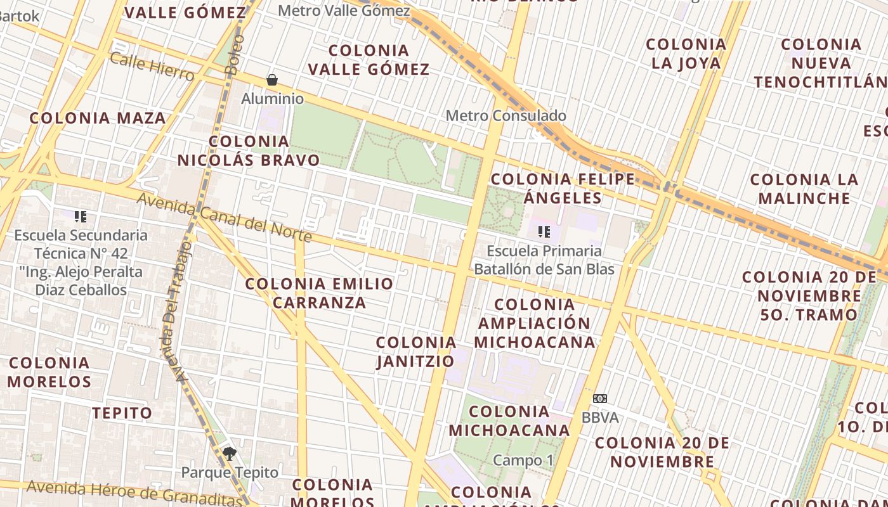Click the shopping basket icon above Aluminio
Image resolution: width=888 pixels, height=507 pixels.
tap(272, 80)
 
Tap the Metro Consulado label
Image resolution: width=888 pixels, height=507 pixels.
tap(506, 115)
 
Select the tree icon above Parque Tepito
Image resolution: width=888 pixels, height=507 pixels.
tap(229, 453)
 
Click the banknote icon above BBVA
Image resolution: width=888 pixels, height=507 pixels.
tap(599, 399)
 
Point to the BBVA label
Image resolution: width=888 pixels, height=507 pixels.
tap(599, 418)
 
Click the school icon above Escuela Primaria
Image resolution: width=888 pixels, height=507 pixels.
tap(544, 231)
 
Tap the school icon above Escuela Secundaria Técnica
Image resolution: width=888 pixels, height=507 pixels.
tap(81, 217)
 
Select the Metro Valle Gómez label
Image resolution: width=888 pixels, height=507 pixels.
tap(344, 11)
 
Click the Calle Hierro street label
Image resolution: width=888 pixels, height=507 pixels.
tap(152, 67)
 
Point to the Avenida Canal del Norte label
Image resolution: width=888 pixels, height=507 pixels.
tap(225, 217)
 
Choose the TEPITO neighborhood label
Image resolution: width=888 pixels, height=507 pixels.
tap(122, 413)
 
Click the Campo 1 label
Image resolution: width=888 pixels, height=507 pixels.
tap(518, 460)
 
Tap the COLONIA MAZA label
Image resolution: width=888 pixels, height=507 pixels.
tap(98, 118)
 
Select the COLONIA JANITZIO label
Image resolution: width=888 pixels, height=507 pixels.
tap(416, 352)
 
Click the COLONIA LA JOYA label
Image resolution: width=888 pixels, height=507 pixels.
tap(686, 53)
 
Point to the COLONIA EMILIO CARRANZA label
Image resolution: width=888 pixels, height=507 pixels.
tap(320, 293)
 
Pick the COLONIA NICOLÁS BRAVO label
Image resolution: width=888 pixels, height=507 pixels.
tap(249, 151)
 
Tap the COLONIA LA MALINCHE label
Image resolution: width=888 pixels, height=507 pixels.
tap(804, 188)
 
